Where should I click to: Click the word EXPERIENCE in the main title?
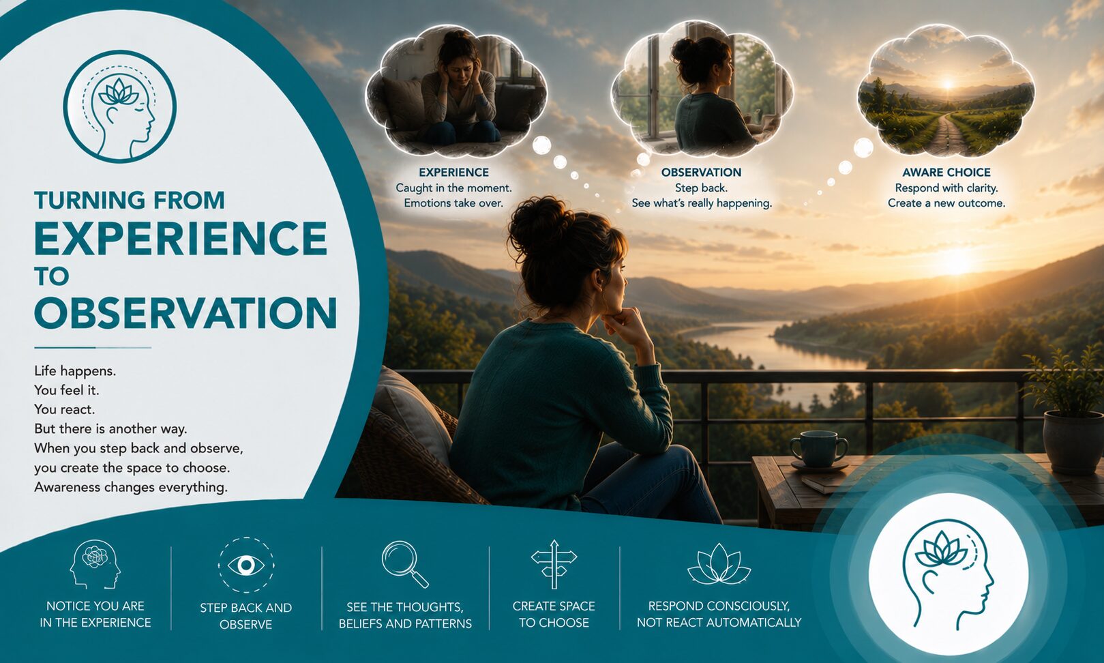181,238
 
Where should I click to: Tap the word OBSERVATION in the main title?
185,313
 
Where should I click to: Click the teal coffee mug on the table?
819,450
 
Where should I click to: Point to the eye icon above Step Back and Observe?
246,565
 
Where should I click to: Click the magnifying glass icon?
404,564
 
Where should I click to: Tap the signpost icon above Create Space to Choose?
554,564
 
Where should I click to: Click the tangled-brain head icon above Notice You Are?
95,564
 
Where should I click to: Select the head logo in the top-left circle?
120,106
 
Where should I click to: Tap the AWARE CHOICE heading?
946,173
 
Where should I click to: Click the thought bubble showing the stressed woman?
456,89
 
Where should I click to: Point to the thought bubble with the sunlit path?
946,91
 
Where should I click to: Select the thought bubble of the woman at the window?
702,89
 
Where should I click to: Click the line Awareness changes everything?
131,488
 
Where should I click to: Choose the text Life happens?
75,371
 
